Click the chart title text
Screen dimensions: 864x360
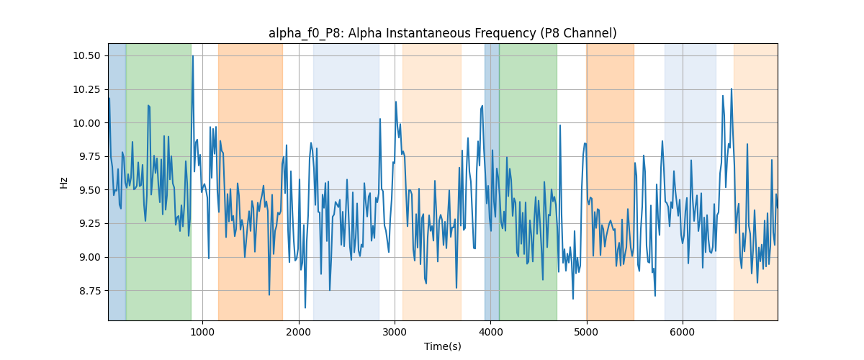[442, 34]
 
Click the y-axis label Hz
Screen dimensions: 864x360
[63, 183]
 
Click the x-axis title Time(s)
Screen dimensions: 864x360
[442, 346]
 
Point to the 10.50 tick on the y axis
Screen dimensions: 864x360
[86, 56]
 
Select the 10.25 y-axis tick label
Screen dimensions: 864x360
[86, 89]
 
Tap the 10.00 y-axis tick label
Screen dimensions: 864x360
[86, 123]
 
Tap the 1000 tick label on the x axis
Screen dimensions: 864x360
[202, 332]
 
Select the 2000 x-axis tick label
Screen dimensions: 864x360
[299, 332]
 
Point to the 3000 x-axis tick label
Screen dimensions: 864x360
[395, 332]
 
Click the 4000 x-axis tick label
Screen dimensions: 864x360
[490, 332]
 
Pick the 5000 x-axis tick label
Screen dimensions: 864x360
[587, 332]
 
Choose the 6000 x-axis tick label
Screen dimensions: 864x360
[683, 332]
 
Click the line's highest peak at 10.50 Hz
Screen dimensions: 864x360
[193, 56]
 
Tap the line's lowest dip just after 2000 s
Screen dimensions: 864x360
[305, 307]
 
